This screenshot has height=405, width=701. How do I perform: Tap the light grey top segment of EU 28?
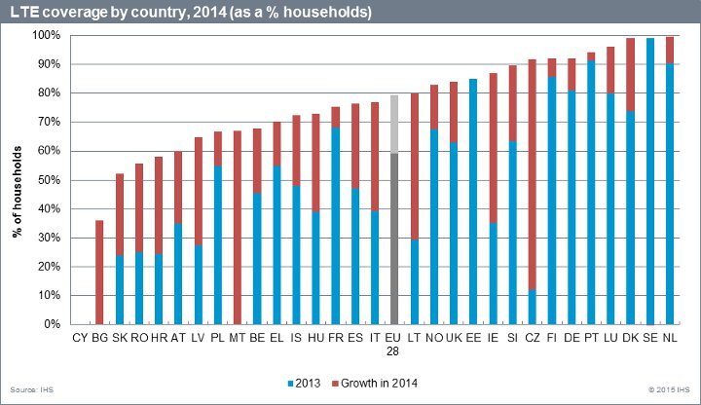(x=393, y=124)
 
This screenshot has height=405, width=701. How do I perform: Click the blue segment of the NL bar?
(x=669, y=194)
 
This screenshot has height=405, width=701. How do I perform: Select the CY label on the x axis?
(x=79, y=338)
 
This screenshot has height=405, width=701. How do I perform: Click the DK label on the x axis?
(x=630, y=338)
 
